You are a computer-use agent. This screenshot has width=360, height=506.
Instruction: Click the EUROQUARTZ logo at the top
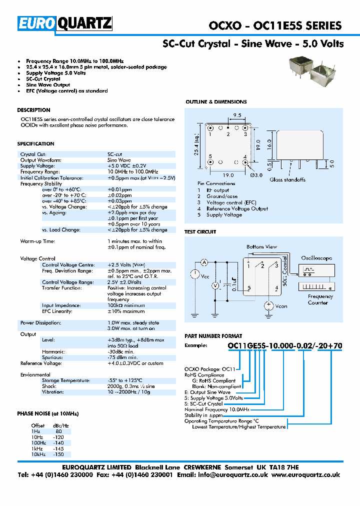(65, 23)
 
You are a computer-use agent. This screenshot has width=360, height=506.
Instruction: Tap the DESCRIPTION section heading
(33, 110)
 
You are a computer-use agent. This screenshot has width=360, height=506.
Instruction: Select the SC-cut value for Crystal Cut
(115, 154)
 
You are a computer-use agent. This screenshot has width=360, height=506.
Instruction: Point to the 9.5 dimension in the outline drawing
(236, 115)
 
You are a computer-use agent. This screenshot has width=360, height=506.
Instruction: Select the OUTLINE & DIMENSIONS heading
(216, 102)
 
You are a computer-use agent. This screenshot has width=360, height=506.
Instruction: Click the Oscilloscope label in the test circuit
(316, 258)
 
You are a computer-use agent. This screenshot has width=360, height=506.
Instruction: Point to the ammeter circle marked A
(204, 262)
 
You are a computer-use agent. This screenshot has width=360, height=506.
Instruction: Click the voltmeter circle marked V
(216, 285)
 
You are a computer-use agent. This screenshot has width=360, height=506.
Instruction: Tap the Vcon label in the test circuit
(281, 306)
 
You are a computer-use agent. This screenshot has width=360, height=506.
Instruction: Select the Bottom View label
(261, 247)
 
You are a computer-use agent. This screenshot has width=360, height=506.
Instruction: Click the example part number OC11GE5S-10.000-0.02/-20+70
(284, 346)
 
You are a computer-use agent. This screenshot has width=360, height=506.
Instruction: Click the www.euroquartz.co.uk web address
(306, 475)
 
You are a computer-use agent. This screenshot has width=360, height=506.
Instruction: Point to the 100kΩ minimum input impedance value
(126, 305)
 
